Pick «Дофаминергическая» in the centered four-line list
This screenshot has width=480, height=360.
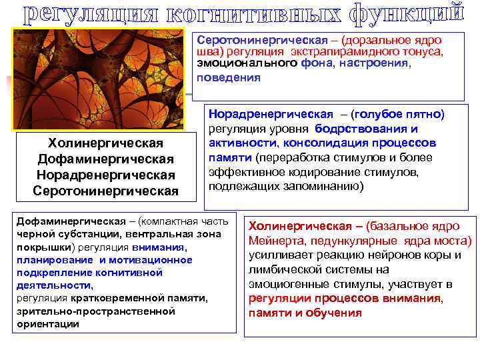[x=106, y=159]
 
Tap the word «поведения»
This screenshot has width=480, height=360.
[x=229, y=76]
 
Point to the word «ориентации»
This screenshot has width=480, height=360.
[x=48, y=323]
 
